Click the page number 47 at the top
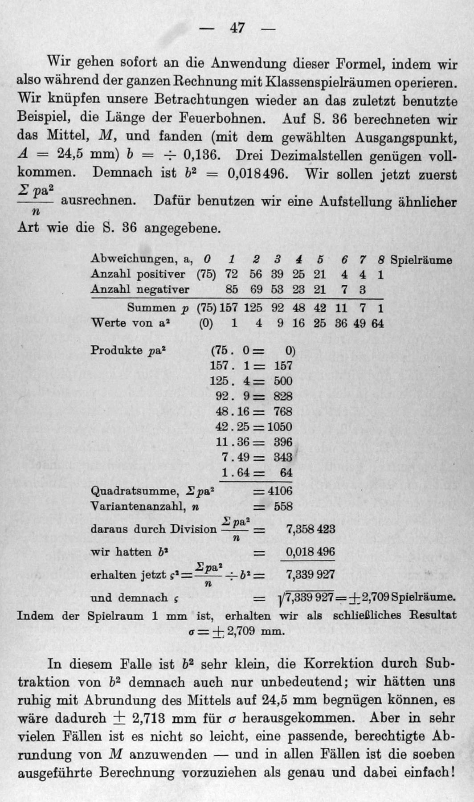tap(237, 28)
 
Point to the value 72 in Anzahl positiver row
tap(231, 274)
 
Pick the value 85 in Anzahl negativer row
tap(231, 290)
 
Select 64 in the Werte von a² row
tap(377, 323)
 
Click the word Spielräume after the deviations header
tap(421, 260)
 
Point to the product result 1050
tap(279, 426)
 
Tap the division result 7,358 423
tap(310, 529)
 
